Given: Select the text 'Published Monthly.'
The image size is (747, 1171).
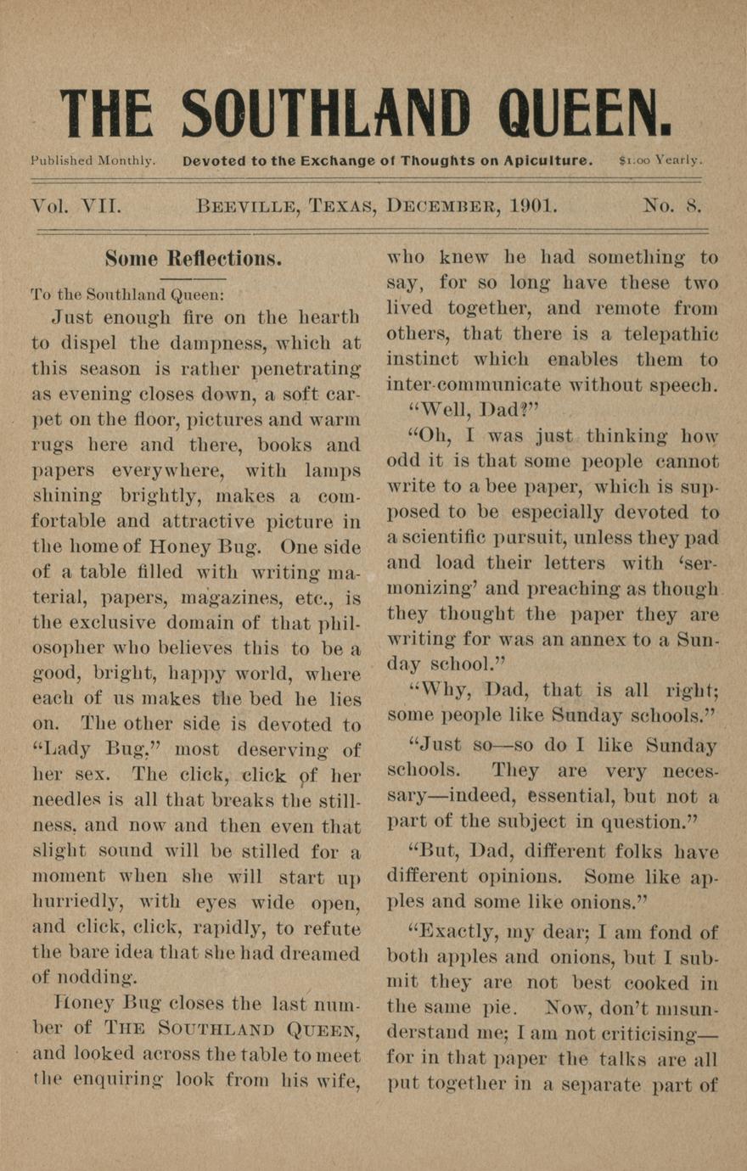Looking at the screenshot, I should point(93,160).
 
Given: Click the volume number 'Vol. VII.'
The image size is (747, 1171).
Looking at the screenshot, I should point(76,206).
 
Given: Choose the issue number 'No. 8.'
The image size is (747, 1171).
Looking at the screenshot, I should point(671,206).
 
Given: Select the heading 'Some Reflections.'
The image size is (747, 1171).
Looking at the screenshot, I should point(194,258).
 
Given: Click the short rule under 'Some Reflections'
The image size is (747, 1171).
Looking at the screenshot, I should point(194,278).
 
